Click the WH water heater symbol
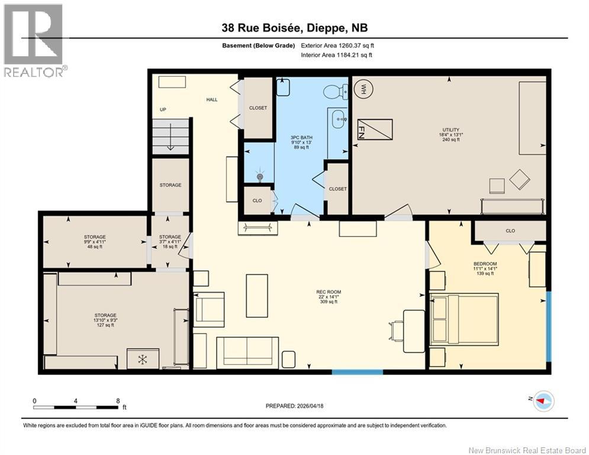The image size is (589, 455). [360, 90]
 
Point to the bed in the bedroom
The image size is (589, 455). [464, 320]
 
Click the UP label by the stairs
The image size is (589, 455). [163, 110]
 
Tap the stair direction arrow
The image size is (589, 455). [170, 141]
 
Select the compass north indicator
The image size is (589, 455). [543, 402]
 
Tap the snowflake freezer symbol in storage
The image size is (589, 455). [142, 359]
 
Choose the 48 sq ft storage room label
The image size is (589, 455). [95, 241]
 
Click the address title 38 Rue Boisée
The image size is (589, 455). [294, 28]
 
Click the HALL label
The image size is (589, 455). [211, 100]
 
